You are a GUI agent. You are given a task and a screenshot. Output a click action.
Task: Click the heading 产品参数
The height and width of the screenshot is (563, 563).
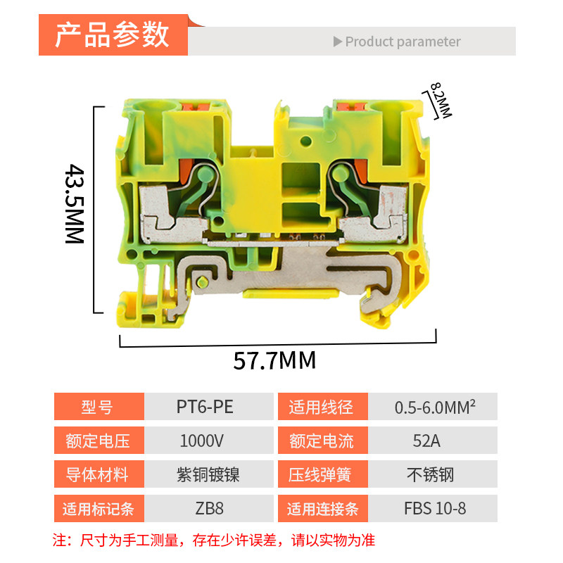coord(113,34)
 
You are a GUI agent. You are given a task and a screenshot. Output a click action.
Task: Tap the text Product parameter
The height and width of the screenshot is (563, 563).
coord(403,42)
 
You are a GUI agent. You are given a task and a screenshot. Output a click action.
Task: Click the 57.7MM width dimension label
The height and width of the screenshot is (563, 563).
coord(275,360)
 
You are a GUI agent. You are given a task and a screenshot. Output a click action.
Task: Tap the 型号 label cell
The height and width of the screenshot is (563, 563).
coord(98,407)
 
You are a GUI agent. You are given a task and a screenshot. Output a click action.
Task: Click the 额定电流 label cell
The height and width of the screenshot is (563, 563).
coord(322,441)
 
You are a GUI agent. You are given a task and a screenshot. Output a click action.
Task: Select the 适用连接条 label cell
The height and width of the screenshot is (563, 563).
coord(322,508)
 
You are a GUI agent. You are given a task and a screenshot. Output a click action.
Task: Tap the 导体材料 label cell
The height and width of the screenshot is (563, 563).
coord(98,475)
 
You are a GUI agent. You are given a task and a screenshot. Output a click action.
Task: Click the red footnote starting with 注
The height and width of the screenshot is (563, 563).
coord(215,540)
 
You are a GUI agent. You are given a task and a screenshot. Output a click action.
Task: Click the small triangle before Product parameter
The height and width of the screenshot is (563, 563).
coord(338,42)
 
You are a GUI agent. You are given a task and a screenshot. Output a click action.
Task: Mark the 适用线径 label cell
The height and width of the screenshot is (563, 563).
coord(322,407)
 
